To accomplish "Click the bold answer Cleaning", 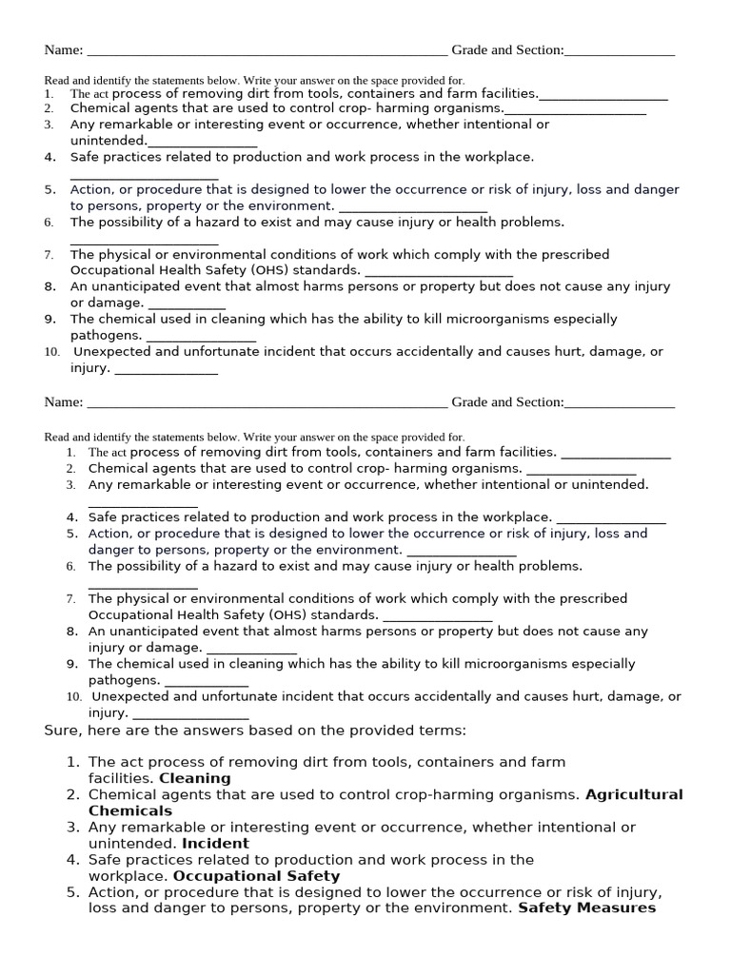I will click(x=194, y=778).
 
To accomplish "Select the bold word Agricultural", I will click(x=634, y=794).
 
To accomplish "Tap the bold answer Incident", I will click(x=215, y=843).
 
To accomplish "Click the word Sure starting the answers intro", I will click(x=63, y=730).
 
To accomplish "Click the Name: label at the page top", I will click(x=64, y=50).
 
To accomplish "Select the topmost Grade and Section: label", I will click(x=507, y=50).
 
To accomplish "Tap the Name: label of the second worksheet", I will click(x=64, y=402).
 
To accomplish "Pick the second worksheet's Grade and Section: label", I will click(x=507, y=402).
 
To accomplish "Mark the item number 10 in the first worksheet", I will click(x=51, y=352).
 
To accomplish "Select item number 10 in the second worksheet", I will click(x=74, y=697).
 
